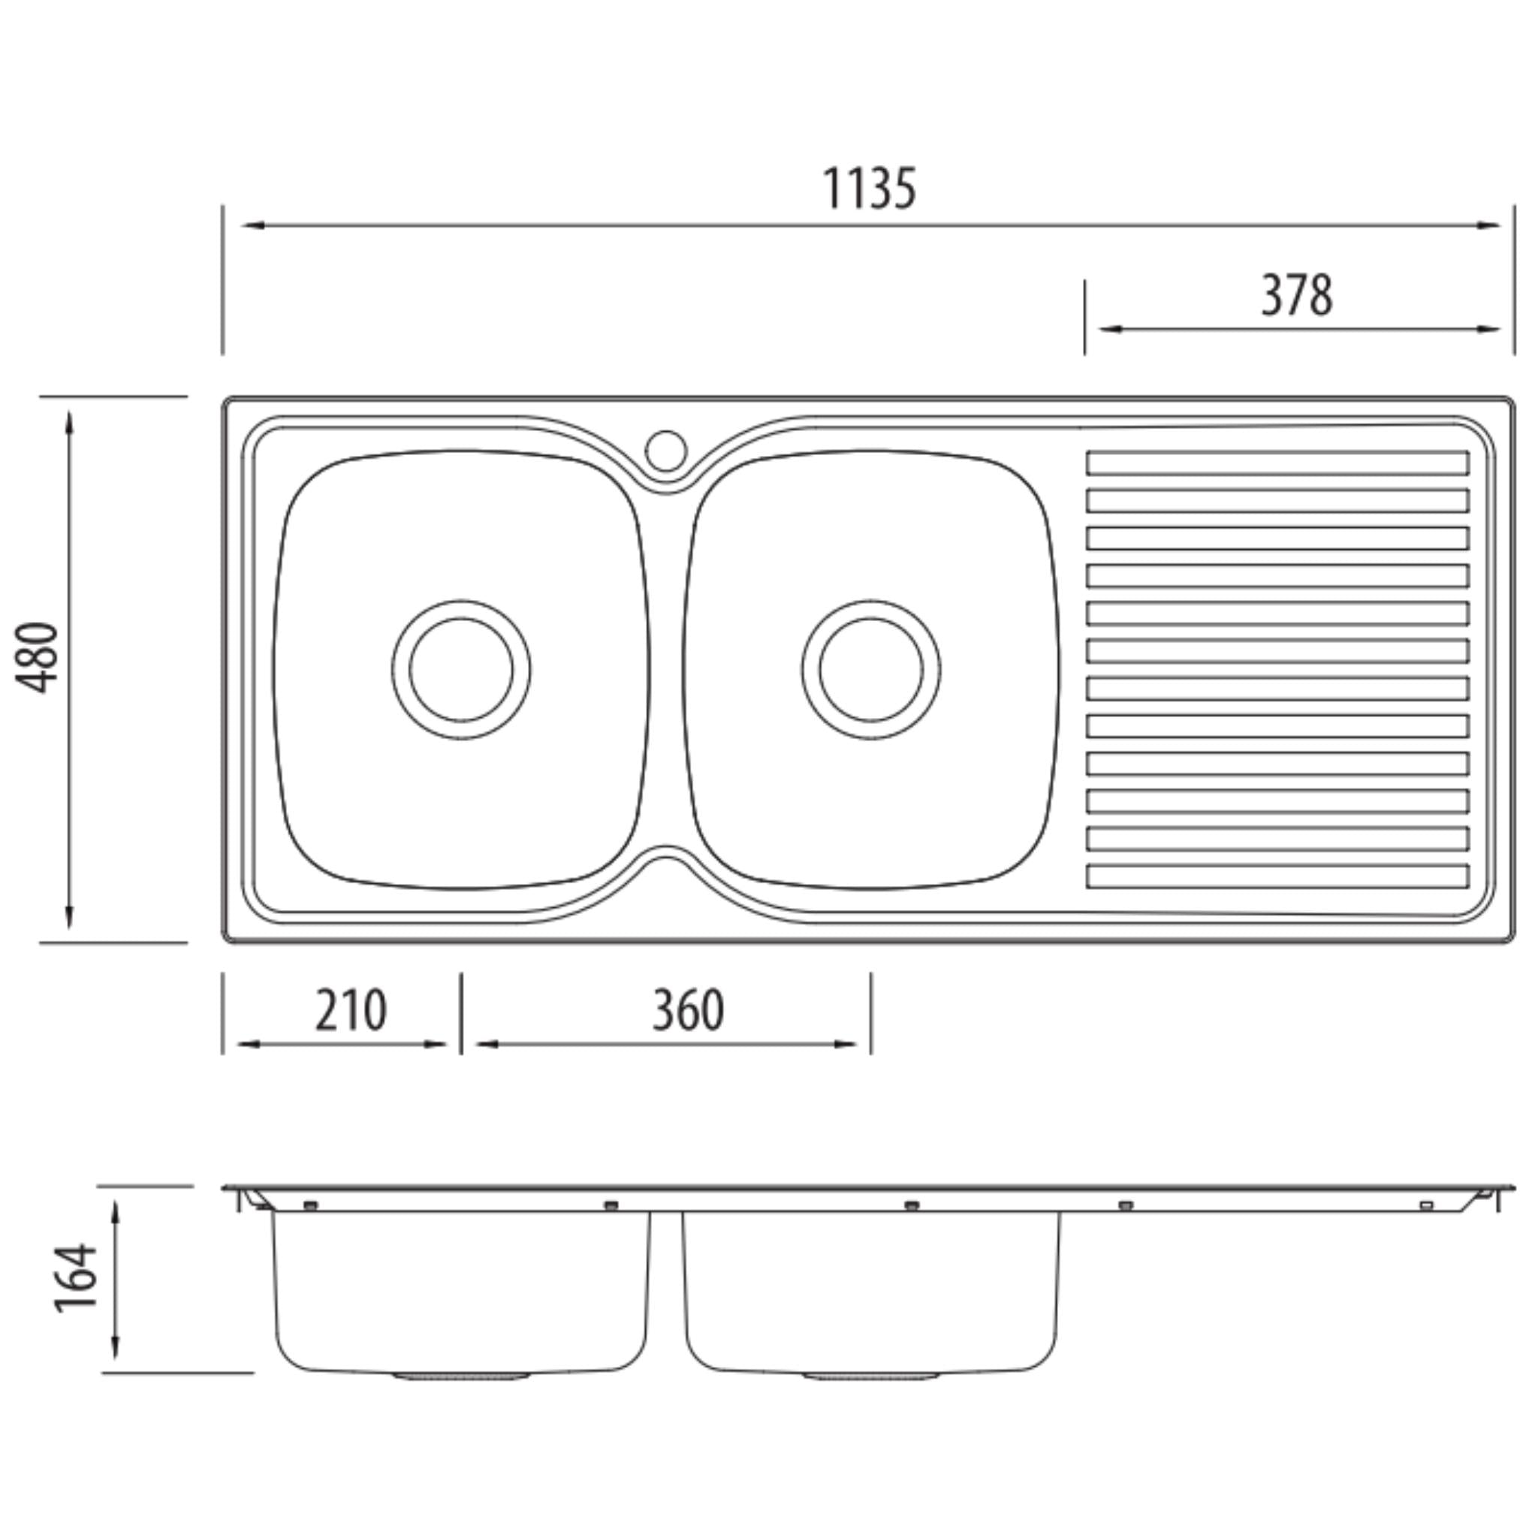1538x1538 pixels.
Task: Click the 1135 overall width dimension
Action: click(x=869, y=188)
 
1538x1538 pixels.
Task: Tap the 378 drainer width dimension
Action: click(x=1297, y=295)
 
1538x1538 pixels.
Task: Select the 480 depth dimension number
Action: click(x=38, y=658)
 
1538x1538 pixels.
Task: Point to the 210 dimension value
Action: click(x=351, y=1010)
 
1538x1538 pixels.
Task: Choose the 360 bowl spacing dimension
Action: click(x=689, y=1010)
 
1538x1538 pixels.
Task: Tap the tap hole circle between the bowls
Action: click(x=665, y=451)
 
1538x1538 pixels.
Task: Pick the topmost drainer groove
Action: click(x=1277, y=463)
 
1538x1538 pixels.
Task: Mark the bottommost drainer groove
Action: click(x=1277, y=876)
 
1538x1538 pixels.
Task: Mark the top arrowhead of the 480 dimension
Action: click(x=70, y=424)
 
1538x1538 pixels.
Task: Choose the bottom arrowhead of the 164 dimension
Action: click(x=116, y=1345)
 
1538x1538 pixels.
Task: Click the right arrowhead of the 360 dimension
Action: click(x=846, y=1045)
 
